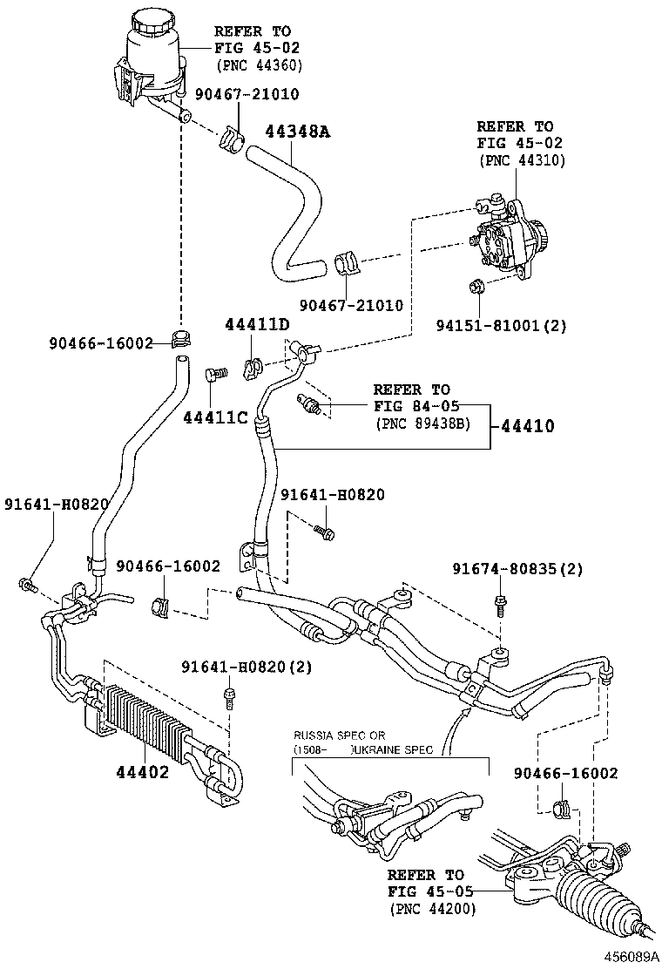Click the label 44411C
217,417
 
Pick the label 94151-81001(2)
501,326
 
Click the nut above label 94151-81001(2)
476,285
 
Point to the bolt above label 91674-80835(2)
502,600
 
